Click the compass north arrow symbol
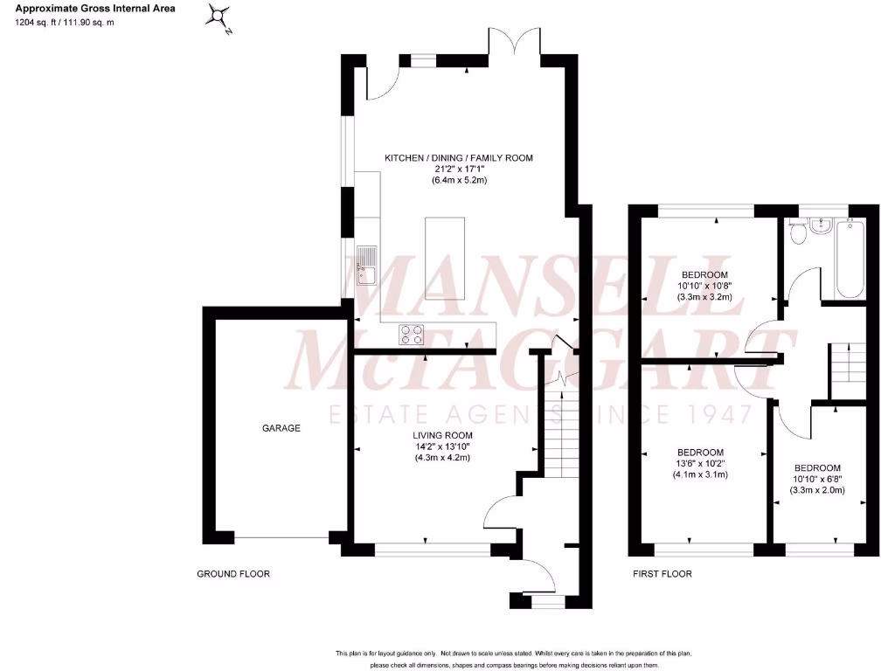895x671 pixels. pyautogui.click(x=221, y=17)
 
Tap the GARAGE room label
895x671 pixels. pyautogui.click(x=281, y=428)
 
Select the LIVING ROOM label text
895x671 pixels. pyautogui.click(x=443, y=435)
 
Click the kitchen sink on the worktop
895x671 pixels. pyautogui.click(x=367, y=266)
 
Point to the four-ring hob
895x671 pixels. pyautogui.click(x=412, y=333)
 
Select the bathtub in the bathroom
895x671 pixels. pyautogui.click(x=850, y=257)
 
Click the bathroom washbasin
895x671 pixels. pyautogui.click(x=821, y=226)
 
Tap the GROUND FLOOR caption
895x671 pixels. pyautogui.click(x=232, y=574)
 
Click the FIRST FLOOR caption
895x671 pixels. pyautogui.click(x=662, y=574)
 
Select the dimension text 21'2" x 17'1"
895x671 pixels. pyautogui.click(x=459, y=169)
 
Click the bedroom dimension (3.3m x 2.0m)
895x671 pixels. pyautogui.click(x=817, y=490)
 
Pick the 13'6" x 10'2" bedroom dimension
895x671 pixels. pyautogui.click(x=700, y=464)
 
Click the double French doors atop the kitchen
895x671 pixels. pyautogui.click(x=517, y=44)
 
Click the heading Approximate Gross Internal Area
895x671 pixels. pyautogui.click(x=95, y=9)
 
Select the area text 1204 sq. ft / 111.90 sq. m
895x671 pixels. pyautogui.click(x=65, y=22)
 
